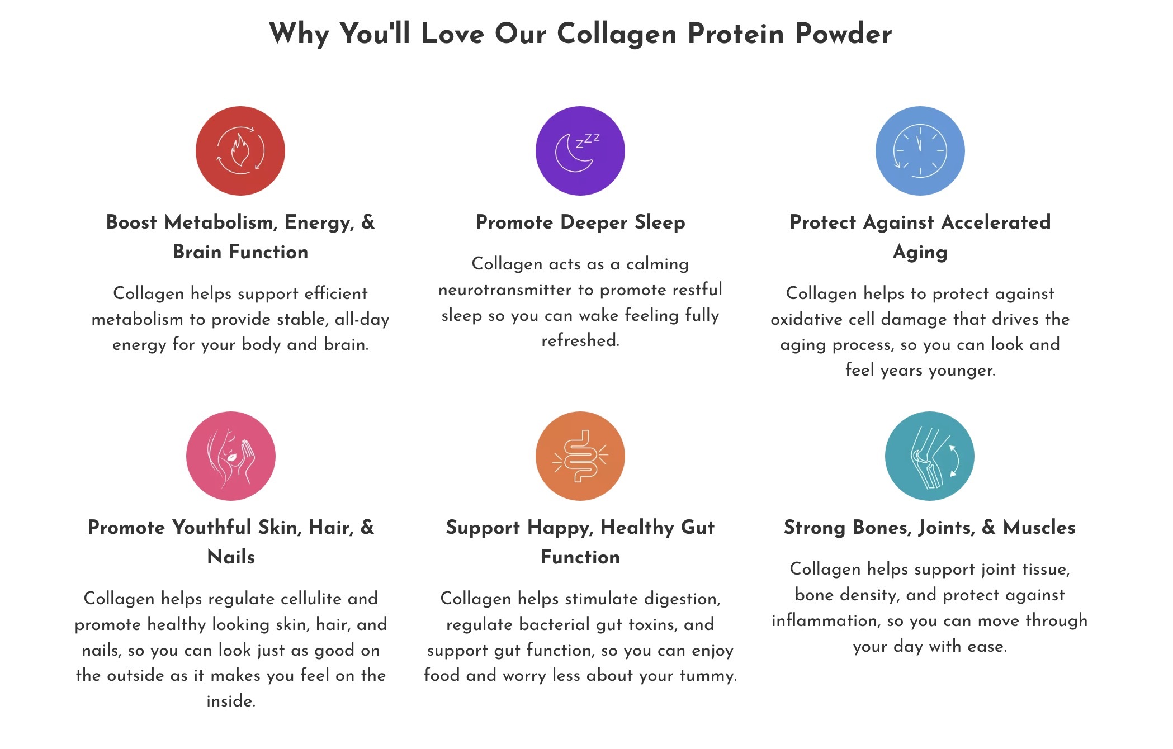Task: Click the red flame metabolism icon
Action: pos(240,151)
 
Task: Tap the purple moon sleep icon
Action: pos(580,151)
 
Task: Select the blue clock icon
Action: pos(920,151)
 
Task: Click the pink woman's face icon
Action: pos(231,456)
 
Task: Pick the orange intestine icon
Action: pos(580,456)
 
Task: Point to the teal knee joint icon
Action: pos(930,456)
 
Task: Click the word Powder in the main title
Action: pos(844,34)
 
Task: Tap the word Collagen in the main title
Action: pos(617,35)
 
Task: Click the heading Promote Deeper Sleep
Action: pos(580,222)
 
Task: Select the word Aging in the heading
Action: pos(920,252)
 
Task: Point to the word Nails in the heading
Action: pos(231,557)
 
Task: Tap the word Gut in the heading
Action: pos(698,527)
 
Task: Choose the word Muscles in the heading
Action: pos(1039,527)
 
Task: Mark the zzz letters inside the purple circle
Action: pos(588,140)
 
